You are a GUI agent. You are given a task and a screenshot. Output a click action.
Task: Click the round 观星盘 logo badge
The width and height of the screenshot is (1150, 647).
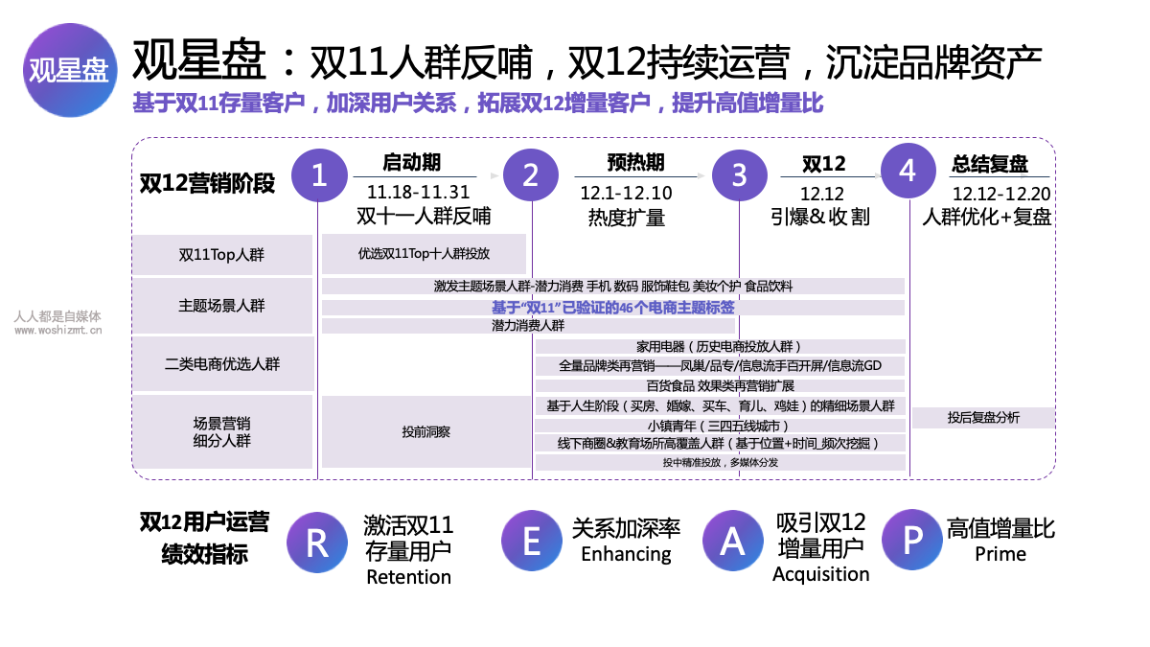(x=70, y=70)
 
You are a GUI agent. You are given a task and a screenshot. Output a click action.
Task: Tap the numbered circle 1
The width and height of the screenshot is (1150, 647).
(x=319, y=175)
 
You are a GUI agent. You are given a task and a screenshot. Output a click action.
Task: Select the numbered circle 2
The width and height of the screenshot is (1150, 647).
(x=531, y=175)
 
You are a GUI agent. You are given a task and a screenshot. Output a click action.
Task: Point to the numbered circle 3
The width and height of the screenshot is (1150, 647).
(x=739, y=175)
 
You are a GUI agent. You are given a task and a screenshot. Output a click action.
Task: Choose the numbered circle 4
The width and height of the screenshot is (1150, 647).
(x=908, y=171)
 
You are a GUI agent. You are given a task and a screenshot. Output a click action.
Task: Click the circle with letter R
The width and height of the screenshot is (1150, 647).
(x=317, y=543)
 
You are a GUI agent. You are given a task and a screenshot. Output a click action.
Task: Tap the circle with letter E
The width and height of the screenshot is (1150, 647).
(x=531, y=541)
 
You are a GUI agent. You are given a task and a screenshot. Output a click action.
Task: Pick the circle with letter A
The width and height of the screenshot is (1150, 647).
(x=732, y=541)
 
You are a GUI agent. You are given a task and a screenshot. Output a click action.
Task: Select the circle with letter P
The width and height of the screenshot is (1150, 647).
(x=911, y=540)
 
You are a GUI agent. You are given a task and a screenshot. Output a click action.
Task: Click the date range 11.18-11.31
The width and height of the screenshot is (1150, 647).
(x=419, y=192)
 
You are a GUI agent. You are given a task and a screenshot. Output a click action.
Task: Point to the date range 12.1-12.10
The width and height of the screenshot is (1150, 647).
(x=626, y=193)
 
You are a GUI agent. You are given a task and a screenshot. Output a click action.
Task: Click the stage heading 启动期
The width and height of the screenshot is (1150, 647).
(x=412, y=162)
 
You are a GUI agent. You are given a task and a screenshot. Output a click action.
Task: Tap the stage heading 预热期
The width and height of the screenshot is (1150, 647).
(x=635, y=162)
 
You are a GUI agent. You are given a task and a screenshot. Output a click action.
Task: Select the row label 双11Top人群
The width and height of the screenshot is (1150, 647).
(x=221, y=255)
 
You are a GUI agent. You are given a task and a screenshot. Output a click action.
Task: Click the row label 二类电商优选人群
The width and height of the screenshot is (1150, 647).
(x=222, y=364)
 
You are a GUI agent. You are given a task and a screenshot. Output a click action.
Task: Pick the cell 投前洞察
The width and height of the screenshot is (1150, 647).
(x=426, y=432)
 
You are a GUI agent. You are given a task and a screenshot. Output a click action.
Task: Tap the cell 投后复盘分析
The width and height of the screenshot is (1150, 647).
(x=983, y=418)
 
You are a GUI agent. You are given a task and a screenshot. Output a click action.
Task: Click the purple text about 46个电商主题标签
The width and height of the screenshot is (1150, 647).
(x=613, y=308)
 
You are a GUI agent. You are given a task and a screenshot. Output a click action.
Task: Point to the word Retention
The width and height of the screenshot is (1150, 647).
(x=408, y=577)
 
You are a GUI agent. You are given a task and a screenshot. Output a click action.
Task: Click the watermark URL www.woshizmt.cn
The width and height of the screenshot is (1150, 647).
(x=58, y=330)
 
